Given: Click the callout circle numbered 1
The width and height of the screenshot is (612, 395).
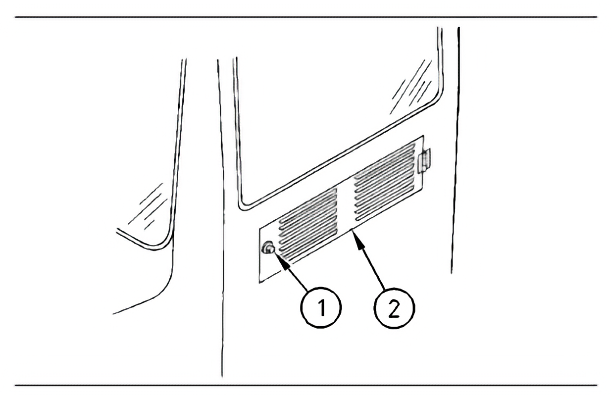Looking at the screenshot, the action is point(321,307).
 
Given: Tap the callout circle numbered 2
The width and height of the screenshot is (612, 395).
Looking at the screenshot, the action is point(394,308).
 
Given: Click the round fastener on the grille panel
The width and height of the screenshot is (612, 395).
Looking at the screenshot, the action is point(267,248).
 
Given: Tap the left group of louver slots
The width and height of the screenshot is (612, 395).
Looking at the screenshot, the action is point(307,225).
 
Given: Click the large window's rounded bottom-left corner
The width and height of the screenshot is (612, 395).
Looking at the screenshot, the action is point(241,207).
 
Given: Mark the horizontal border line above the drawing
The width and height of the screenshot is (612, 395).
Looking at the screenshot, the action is point(306,17).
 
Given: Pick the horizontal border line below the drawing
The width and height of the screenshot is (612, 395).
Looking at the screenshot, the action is point(306,386).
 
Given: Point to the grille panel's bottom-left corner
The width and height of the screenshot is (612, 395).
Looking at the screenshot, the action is point(259,283).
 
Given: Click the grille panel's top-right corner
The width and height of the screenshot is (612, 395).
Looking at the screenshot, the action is point(423,136).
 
